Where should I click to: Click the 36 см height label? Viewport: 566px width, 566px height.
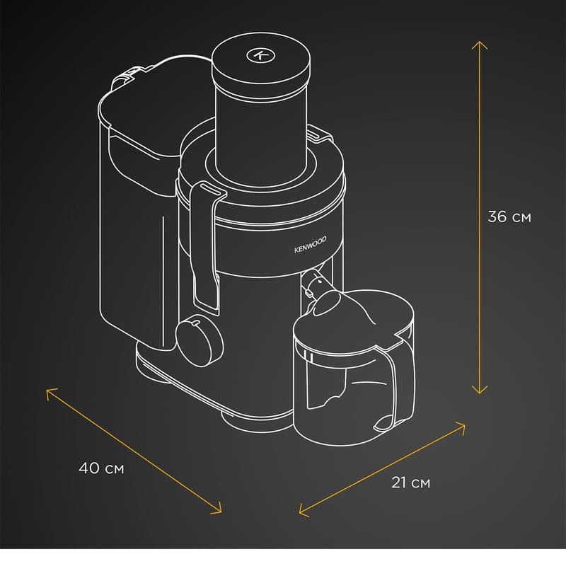coord(509,216)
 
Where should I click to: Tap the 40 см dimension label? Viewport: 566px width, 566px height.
coord(101,468)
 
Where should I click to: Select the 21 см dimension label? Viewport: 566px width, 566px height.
coord(411,483)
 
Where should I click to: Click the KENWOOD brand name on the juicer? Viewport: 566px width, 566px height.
coord(311,244)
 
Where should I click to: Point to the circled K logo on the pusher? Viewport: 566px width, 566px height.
coord(260,55)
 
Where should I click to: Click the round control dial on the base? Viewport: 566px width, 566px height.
coord(200,340)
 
